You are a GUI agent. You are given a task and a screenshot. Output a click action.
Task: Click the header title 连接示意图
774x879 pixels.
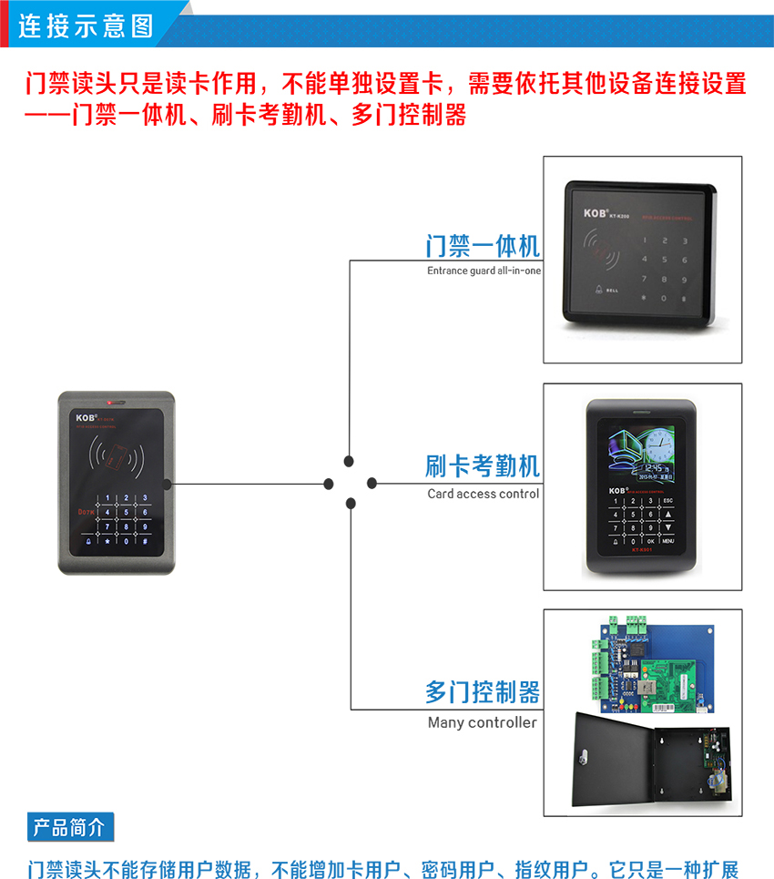(x=87, y=25)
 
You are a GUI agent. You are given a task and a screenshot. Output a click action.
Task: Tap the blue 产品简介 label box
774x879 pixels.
(x=70, y=827)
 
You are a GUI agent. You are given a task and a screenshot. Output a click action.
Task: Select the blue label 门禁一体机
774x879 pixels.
(x=483, y=246)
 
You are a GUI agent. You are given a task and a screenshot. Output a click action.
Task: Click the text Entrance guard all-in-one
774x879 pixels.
(x=484, y=271)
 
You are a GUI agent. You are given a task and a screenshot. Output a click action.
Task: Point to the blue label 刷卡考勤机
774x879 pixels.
(x=483, y=466)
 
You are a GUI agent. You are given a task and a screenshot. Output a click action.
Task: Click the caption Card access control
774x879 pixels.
(x=484, y=494)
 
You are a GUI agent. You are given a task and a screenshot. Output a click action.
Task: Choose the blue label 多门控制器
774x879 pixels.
(x=483, y=691)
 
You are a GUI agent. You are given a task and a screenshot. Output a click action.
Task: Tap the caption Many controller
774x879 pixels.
(x=483, y=722)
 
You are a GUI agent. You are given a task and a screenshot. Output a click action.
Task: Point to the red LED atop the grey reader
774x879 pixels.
(x=110, y=401)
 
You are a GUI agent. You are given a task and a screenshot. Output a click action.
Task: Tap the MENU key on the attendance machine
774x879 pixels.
(x=667, y=541)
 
